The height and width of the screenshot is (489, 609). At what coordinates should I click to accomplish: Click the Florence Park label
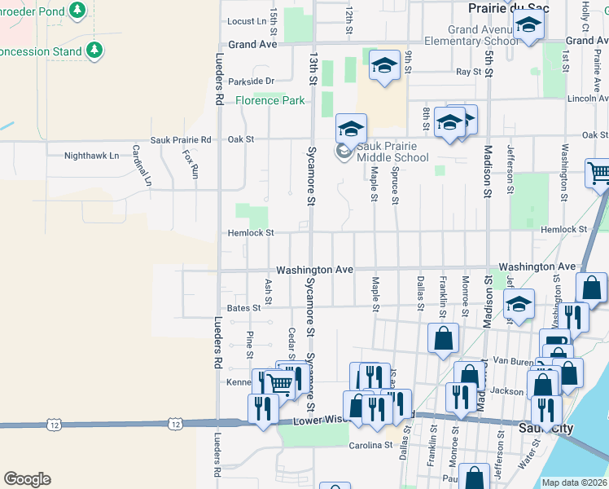click(x=270, y=100)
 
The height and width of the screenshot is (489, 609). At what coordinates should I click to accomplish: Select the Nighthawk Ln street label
click(x=91, y=155)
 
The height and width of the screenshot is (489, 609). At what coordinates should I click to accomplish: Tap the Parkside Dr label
click(x=252, y=81)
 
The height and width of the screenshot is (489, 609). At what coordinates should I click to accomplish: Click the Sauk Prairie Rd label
click(x=181, y=139)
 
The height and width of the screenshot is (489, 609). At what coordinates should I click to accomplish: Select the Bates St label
click(x=243, y=307)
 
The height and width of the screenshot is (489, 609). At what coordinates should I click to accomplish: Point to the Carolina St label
click(x=366, y=445)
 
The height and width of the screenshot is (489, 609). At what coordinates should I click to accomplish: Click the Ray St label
click(x=469, y=72)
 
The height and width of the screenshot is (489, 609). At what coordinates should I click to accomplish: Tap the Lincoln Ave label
click(x=587, y=98)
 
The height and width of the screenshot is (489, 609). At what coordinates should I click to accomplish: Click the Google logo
click(x=27, y=479)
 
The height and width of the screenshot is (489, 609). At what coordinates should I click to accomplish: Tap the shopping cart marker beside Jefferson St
click(x=598, y=172)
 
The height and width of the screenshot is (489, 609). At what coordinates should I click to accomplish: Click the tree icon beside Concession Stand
click(x=94, y=51)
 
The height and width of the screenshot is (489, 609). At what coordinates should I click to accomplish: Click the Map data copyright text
click(x=574, y=482)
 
